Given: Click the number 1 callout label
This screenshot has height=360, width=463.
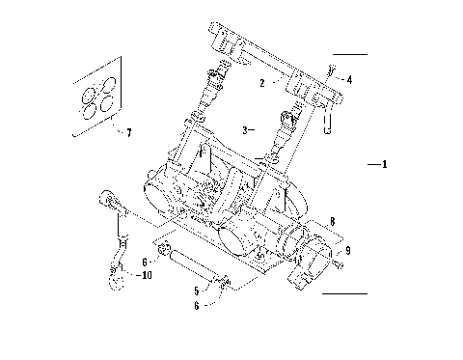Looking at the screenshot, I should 384,165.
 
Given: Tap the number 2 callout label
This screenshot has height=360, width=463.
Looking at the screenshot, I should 260,84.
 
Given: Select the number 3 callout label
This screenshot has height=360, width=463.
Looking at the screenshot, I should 244,128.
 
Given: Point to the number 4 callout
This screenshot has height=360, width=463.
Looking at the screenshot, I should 349,80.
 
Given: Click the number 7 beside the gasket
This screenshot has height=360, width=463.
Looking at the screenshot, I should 128,132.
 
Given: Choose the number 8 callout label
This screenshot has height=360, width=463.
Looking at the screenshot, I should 333,221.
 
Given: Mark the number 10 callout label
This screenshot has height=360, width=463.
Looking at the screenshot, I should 145,275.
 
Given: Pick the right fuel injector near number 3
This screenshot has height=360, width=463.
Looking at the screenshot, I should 286,128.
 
